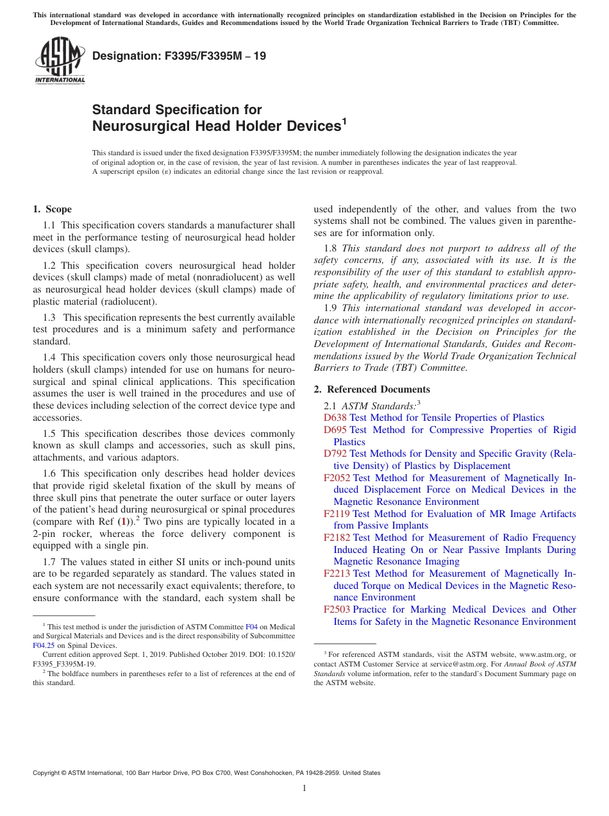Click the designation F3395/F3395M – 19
(x=179, y=56)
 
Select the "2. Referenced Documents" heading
(x=372, y=389)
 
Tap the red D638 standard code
(x=335, y=418)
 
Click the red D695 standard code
(x=335, y=430)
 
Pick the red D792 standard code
(x=335, y=454)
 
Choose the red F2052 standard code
(x=337, y=478)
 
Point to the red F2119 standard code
(x=337, y=514)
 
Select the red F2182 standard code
(x=337, y=538)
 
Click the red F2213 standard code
(x=337, y=574)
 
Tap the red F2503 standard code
(x=337, y=609)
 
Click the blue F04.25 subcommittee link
(x=44, y=646)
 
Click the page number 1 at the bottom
(x=304, y=788)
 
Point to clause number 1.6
(x=50, y=473)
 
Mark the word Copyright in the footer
(x=48, y=773)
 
